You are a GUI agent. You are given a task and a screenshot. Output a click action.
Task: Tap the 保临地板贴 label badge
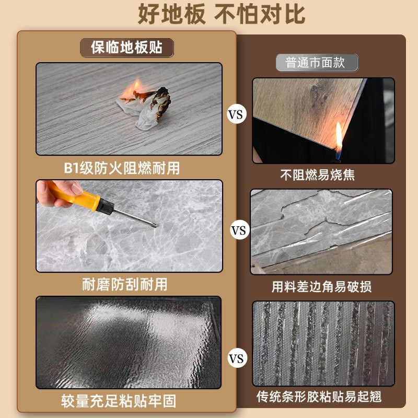126,47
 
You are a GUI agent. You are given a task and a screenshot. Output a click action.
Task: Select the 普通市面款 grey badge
317,63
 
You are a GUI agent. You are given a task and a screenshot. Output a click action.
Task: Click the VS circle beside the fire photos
237,114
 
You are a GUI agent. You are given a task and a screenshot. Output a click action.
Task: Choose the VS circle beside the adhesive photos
237,359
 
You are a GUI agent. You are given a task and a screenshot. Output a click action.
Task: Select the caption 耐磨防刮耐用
125,285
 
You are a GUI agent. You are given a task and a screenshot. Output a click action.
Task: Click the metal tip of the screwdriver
152,224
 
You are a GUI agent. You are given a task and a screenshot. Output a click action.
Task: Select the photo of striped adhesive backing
323,343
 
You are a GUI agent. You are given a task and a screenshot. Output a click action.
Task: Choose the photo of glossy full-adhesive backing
129,342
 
